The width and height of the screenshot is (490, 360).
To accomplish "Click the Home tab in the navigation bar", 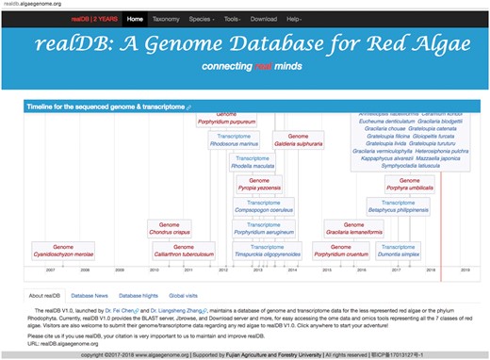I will (136, 18).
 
